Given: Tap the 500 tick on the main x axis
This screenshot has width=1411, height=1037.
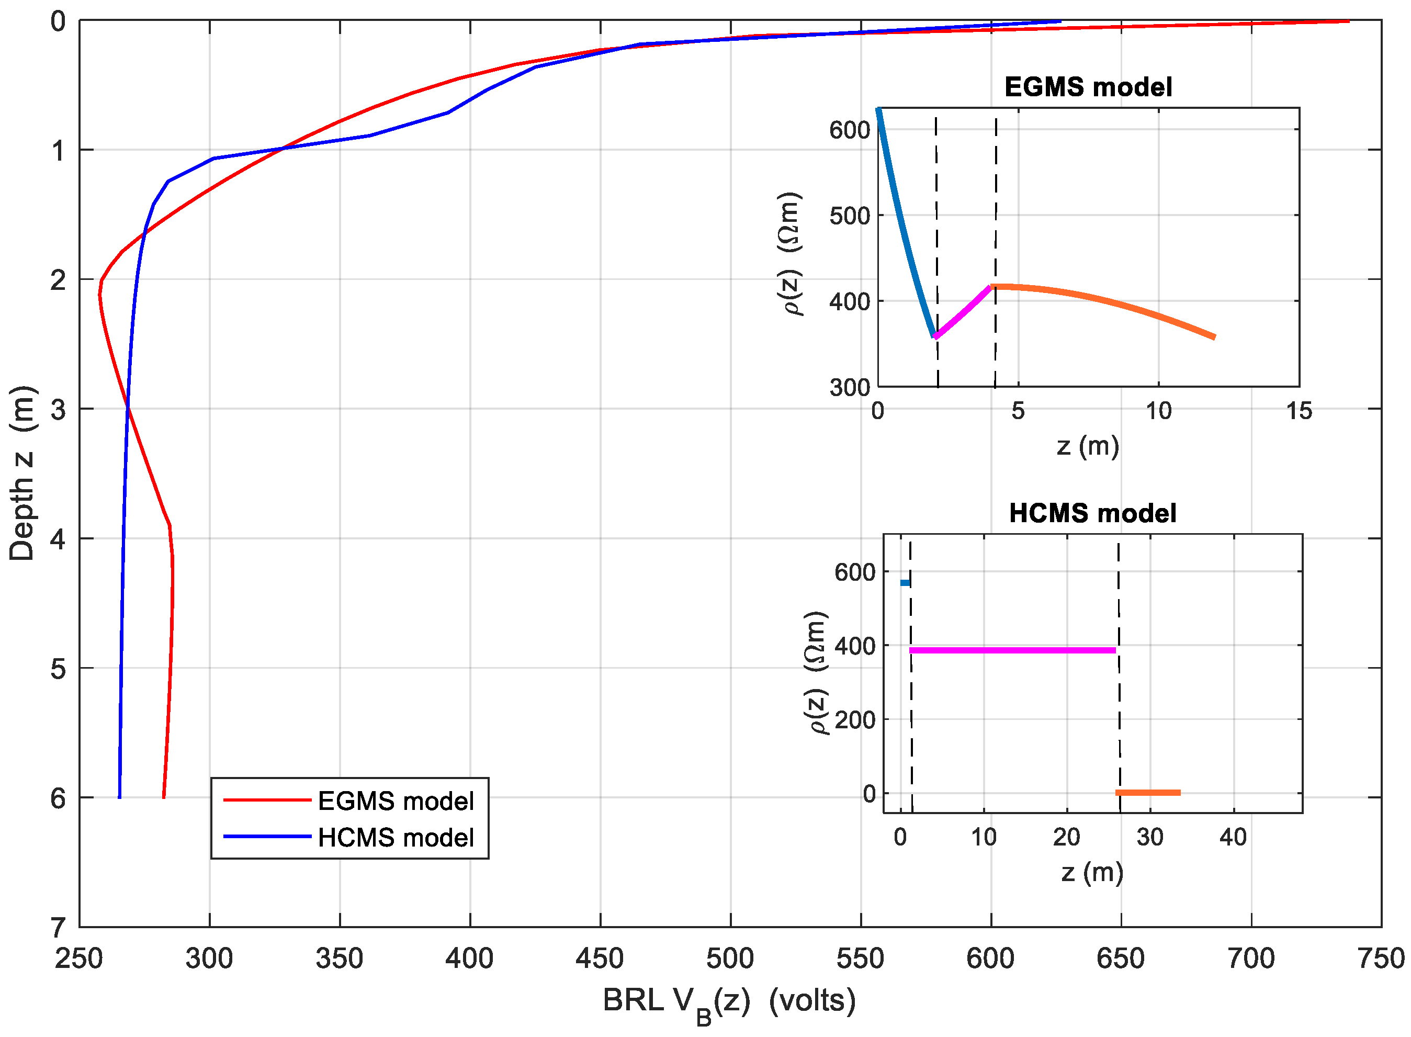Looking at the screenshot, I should [730, 959].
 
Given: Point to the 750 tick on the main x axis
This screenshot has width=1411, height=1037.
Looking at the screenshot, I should [1380, 959].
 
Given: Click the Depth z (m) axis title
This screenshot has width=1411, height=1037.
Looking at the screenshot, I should [22, 474].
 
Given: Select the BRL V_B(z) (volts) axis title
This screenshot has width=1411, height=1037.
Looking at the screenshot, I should [729, 1002].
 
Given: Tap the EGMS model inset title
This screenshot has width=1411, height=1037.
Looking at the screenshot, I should [1088, 87].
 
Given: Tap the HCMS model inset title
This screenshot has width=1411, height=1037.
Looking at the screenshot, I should [1092, 513].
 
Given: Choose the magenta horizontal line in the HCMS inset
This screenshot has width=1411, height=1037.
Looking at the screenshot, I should [1012, 650].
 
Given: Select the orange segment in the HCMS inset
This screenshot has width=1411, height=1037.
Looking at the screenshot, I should [1147, 793].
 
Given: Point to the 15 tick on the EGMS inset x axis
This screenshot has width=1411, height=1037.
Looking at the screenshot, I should [1299, 411].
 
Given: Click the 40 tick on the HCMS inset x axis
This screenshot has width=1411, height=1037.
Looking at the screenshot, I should [1233, 837].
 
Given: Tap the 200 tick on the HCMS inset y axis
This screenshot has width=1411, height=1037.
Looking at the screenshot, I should [855, 720].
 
